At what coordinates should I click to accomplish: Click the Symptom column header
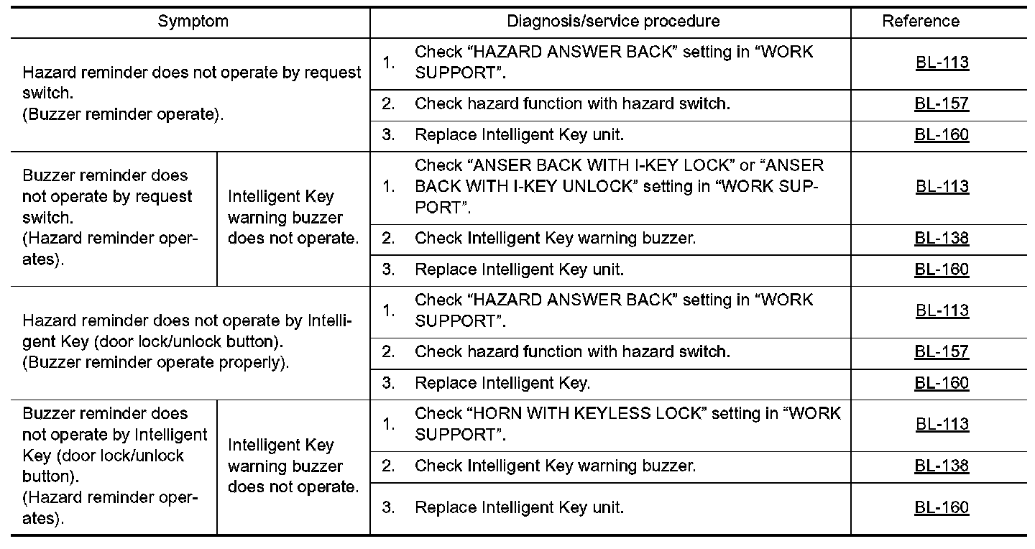(193, 22)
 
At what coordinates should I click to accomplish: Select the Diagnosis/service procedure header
(613, 22)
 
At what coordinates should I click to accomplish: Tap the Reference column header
(920, 22)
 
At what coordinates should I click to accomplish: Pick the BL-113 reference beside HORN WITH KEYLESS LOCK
(942, 424)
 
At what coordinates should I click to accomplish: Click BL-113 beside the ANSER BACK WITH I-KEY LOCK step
(942, 187)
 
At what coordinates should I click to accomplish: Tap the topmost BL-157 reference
(942, 103)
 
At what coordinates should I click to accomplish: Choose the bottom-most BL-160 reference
(942, 508)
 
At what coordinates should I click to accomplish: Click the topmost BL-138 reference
(942, 239)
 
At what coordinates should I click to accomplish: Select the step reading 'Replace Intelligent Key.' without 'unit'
(502, 383)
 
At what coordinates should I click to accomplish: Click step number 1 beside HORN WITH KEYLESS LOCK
(389, 424)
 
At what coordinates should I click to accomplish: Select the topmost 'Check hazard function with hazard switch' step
(572, 103)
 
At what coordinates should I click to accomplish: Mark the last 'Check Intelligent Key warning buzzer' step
(555, 466)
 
